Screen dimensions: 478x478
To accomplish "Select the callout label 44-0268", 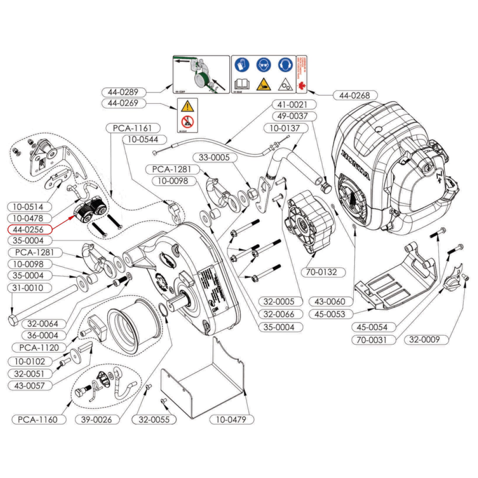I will pyautogui.click(x=354, y=96).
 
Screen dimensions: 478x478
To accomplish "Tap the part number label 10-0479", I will pyautogui.click(x=231, y=419).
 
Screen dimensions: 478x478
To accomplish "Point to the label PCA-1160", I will pyautogui.click(x=38, y=419).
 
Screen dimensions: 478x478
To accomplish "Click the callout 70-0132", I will pyautogui.click(x=321, y=272).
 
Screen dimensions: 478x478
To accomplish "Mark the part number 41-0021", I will pyautogui.click(x=292, y=104).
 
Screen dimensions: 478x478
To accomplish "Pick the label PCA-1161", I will pyautogui.click(x=132, y=128).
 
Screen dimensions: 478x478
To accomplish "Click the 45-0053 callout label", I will pyautogui.click(x=330, y=314).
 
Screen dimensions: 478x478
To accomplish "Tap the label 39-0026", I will pyautogui.click(x=96, y=419).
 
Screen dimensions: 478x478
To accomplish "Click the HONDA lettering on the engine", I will pyautogui.click(x=355, y=165).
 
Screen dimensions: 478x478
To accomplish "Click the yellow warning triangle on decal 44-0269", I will pyautogui.click(x=187, y=106).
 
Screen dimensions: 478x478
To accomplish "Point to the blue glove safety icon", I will pyautogui.click(x=242, y=65).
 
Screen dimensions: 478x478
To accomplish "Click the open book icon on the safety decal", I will pyautogui.click(x=242, y=84).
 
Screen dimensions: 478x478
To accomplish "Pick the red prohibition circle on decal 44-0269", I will pyautogui.click(x=187, y=121).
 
